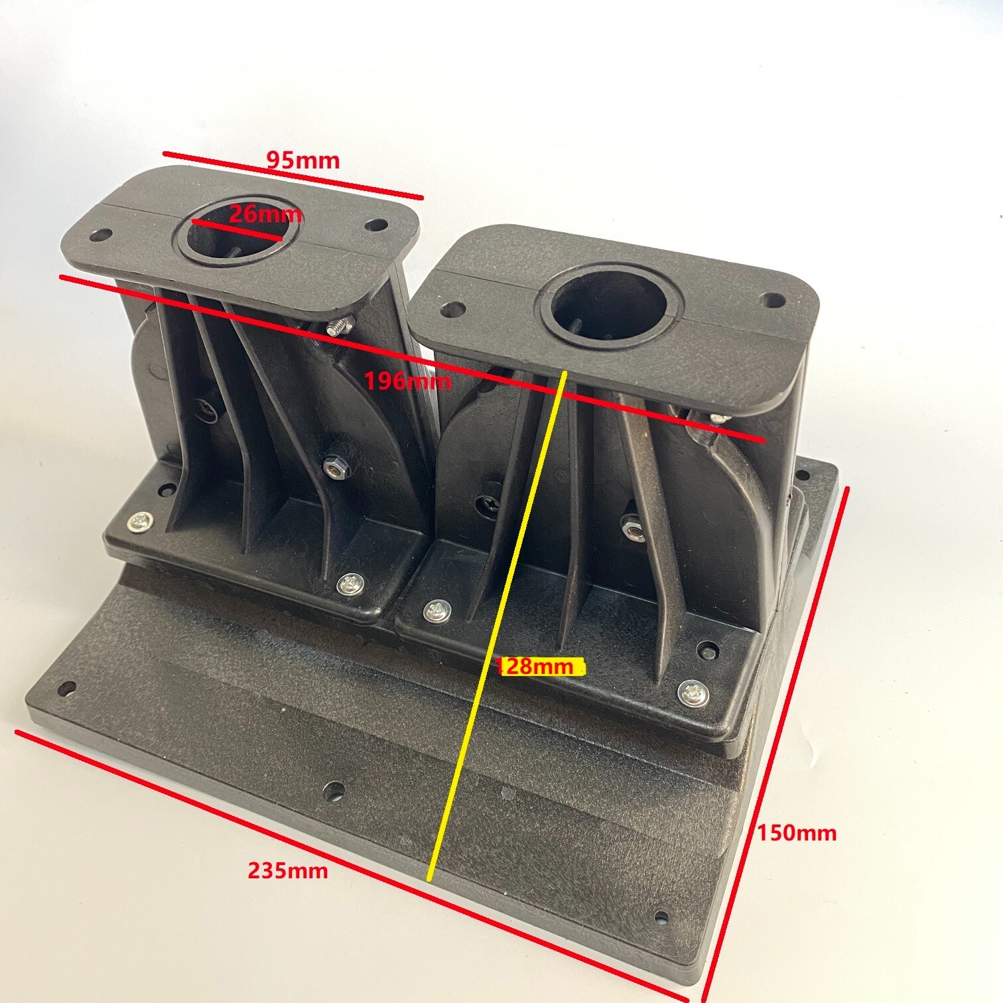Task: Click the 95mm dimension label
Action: (302, 160)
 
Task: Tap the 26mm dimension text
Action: (266, 214)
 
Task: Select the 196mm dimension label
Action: (409, 381)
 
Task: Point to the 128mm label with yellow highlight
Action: (535, 666)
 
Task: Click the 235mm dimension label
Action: (288, 870)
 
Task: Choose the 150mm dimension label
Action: (797, 832)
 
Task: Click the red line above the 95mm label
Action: (292, 175)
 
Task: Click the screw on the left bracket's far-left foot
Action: (139, 521)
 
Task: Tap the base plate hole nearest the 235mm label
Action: (334, 790)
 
